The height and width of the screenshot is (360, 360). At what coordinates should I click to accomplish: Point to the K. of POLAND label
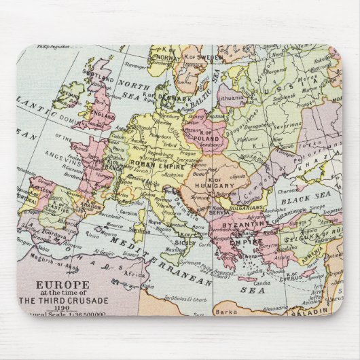(206, 136)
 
